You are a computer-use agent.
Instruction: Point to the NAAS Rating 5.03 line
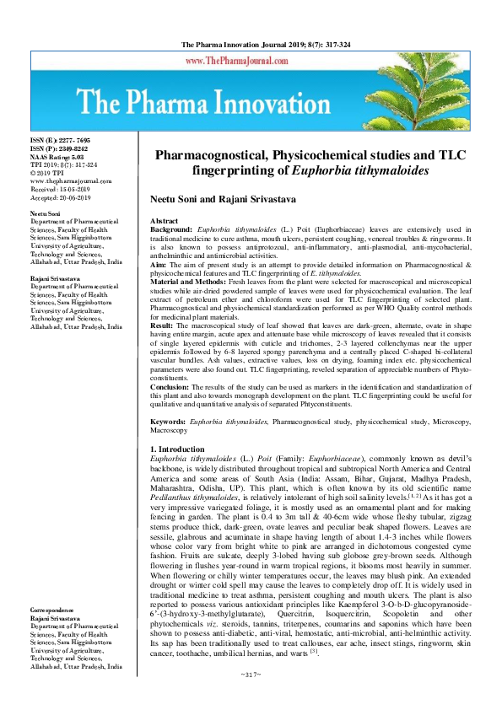point(59,157)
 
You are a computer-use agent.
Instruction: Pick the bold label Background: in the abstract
point(170,229)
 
